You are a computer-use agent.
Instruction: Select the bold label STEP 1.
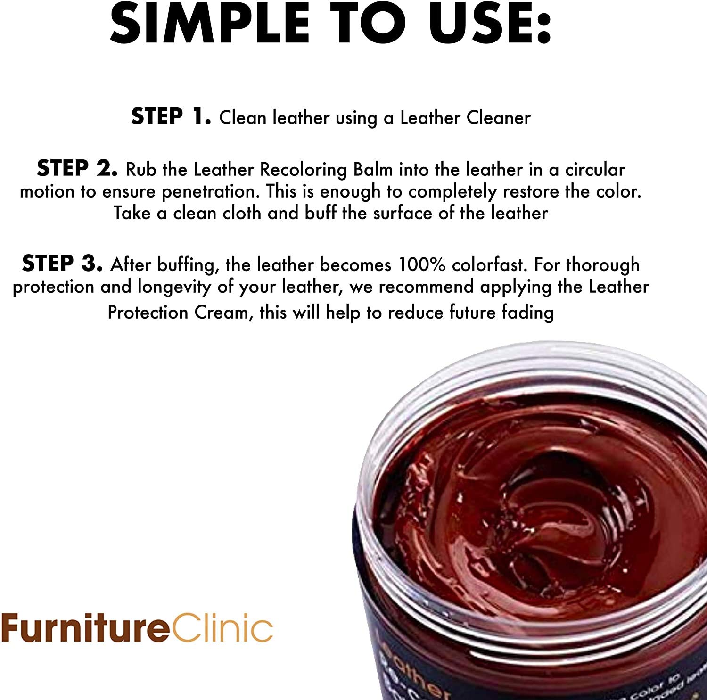[x=171, y=116]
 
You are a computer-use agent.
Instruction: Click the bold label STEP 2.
[x=77, y=168]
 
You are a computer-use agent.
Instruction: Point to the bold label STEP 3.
[x=62, y=264]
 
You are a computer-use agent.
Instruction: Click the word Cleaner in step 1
[x=499, y=117]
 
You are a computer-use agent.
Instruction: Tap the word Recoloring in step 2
[x=304, y=169]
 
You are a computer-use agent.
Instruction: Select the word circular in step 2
[x=595, y=169]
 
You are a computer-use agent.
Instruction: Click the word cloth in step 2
[x=242, y=213]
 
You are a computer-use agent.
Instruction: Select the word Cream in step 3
[x=222, y=313]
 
